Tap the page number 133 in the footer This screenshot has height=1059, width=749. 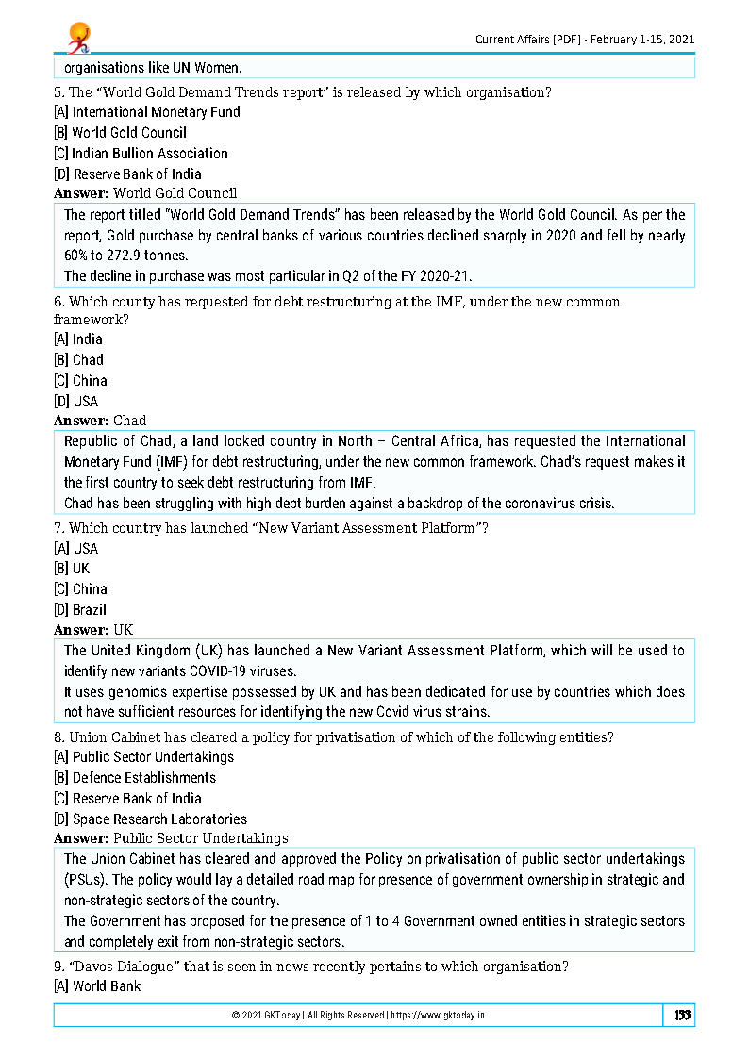(683, 1015)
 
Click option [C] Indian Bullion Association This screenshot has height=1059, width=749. (141, 154)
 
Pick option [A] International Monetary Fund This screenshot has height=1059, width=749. (146, 112)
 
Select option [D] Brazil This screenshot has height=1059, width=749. (80, 610)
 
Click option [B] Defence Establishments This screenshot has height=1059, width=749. (135, 778)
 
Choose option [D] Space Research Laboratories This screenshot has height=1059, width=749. (150, 819)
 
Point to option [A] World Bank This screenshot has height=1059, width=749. (97, 986)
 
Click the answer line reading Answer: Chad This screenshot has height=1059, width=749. (100, 421)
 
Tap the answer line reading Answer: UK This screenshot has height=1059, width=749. (93, 630)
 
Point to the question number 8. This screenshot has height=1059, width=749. (58, 738)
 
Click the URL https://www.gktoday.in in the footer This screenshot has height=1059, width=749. (441, 1016)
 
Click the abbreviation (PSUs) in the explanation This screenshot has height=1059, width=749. (84, 880)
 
